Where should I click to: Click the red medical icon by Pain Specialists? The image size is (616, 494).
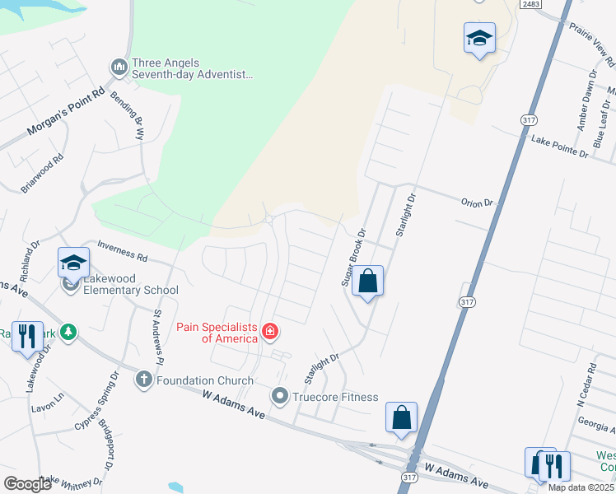coord(269,332)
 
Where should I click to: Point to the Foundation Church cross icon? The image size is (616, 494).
coord(143,380)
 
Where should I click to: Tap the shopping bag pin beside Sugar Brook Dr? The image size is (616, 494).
coord(368,282)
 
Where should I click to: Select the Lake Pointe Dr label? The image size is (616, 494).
coord(560,147)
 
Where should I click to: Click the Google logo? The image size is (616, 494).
coord(28,484)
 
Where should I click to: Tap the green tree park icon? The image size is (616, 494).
coord(71,332)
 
